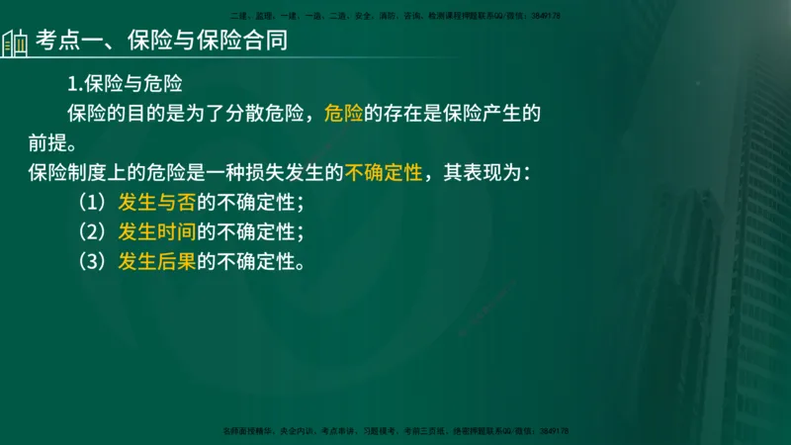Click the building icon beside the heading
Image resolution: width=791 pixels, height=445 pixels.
coord(14,43)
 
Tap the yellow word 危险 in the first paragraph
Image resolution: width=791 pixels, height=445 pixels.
coord(343,113)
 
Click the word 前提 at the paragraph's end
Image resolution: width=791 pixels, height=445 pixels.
coord(48,143)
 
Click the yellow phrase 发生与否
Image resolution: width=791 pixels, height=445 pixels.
coord(156,203)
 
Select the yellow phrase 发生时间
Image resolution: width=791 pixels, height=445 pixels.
coord(156,232)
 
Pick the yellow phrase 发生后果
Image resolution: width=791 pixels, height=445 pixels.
coord(156,262)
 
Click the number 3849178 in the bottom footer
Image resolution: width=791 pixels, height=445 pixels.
coord(555,431)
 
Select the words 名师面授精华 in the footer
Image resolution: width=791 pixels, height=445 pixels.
coord(247,431)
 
